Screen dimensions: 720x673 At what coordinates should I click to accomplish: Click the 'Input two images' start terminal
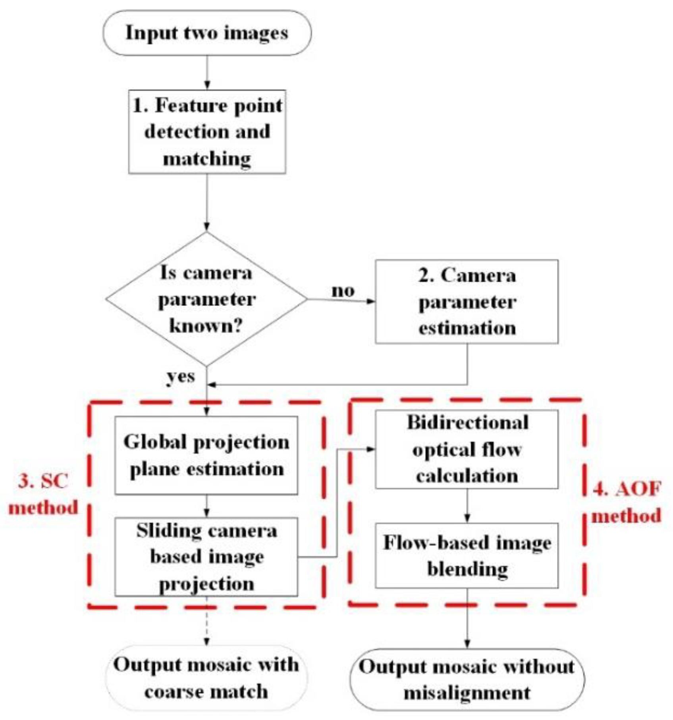point(207,33)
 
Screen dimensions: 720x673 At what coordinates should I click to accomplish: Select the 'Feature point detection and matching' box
point(207,132)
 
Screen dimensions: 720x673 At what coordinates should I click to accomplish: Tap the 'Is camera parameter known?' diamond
point(206,299)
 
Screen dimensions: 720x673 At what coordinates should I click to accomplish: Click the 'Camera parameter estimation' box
point(467,302)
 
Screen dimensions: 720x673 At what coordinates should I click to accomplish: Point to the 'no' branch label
point(343,291)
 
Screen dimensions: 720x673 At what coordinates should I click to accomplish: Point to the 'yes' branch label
point(181,376)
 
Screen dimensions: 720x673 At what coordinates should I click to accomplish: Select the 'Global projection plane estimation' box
point(206,455)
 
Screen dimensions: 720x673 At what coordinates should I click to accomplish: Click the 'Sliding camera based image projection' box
point(206,556)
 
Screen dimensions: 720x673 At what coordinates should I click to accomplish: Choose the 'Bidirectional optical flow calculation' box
point(467,449)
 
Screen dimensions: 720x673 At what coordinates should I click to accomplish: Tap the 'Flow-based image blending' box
point(467,555)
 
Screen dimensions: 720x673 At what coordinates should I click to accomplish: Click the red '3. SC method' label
point(43,494)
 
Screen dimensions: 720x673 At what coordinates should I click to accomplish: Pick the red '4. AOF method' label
point(627,502)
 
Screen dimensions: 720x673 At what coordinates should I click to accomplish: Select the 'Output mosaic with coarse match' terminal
point(206,678)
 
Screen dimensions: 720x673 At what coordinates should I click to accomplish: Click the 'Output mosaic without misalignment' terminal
point(467,680)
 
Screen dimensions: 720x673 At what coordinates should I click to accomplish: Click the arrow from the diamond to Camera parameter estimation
point(341,300)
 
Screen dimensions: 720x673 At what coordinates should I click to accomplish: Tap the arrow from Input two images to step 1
point(207,73)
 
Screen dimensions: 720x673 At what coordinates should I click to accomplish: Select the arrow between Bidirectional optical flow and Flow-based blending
point(467,506)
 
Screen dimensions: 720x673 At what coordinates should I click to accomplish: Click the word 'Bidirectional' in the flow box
point(467,423)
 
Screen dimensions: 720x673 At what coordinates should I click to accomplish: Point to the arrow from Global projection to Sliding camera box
point(206,506)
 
